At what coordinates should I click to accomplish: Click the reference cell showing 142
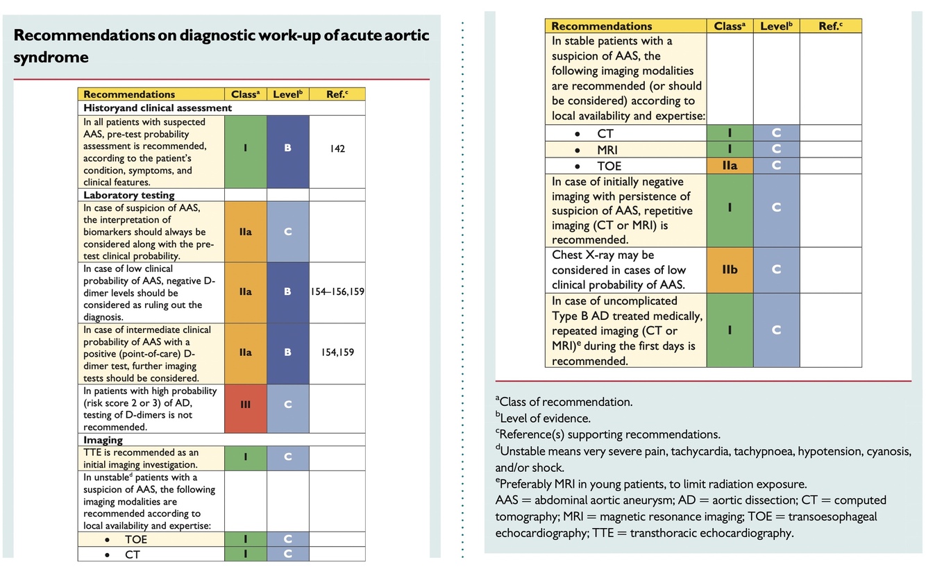(x=337, y=148)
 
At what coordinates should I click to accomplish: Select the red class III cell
(x=245, y=405)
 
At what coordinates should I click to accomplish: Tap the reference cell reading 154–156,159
(x=337, y=291)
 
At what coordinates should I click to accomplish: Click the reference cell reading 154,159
(x=337, y=353)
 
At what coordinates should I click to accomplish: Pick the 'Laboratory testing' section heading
(x=129, y=195)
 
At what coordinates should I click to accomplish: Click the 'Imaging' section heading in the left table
(x=103, y=440)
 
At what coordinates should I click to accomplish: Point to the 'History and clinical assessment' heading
(x=158, y=108)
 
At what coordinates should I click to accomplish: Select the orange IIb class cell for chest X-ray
(x=729, y=269)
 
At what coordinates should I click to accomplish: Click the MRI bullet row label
(x=607, y=150)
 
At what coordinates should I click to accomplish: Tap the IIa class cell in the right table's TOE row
(x=729, y=166)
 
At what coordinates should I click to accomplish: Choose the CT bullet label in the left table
(x=132, y=554)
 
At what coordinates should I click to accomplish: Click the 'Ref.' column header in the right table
(x=830, y=26)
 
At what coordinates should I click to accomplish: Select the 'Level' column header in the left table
(x=287, y=94)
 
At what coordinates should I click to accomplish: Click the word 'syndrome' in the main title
(x=51, y=57)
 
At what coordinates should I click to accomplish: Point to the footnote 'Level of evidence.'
(x=545, y=418)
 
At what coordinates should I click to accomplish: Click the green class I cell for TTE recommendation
(x=245, y=458)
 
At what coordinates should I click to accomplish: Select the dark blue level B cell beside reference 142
(x=287, y=148)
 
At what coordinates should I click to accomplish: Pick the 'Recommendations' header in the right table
(x=602, y=26)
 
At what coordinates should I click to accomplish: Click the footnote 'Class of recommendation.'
(x=566, y=402)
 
